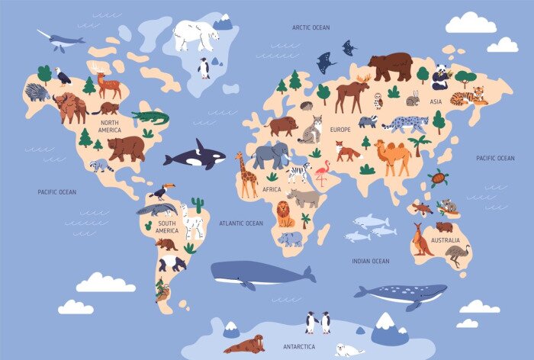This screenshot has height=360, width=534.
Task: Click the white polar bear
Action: point(196,35)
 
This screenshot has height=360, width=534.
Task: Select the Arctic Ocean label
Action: point(310,27)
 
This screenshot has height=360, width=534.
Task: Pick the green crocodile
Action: point(150,117)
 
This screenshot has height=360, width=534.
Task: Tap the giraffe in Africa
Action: point(246,175)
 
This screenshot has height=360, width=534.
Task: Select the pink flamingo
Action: point(322,172)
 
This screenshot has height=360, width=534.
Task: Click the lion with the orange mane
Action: point(285,214)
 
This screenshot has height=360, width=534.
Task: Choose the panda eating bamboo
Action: point(442,76)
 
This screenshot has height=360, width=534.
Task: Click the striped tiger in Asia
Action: point(468,97)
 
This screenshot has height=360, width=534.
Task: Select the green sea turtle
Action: point(437,178)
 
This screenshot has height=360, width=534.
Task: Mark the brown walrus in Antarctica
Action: point(245,344)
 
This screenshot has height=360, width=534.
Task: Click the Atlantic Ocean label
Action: point(240,223)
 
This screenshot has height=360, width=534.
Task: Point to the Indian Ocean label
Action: point(371,261)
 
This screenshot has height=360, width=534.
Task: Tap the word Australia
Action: point(445,240)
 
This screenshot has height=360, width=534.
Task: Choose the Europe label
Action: point(340,130)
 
